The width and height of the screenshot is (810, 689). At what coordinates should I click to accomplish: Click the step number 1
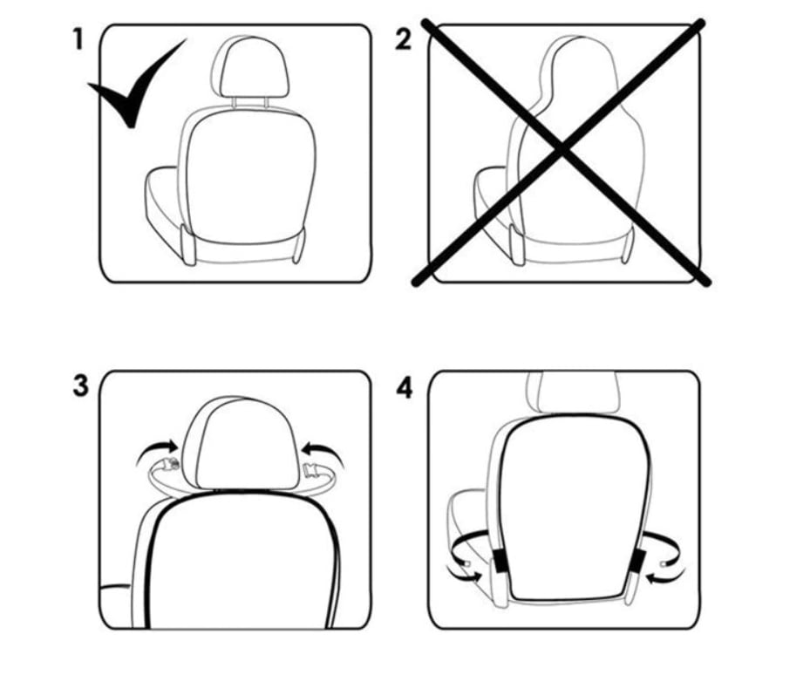point(78,39)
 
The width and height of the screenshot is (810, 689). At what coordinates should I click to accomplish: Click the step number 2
point(404,40)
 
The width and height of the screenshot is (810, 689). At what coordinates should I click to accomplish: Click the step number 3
point(80,386)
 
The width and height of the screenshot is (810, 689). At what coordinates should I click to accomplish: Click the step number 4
point(405,387)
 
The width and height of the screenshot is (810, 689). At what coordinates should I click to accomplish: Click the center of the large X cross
point(562,150)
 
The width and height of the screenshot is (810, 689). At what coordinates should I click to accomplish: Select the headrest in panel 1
point(249,66)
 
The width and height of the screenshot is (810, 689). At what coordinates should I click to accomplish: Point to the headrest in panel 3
point(242,442)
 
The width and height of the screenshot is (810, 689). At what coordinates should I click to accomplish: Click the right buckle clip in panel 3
point(312,471)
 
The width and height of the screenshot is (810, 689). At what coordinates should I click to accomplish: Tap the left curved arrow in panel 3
point(157,450)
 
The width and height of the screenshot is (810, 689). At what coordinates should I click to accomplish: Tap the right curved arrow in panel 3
point(323,452)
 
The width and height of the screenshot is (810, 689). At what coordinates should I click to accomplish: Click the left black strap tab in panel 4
point(500,562)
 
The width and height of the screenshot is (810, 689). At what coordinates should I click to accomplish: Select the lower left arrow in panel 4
point(465,574)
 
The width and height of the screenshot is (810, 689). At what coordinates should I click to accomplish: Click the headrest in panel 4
point(572,392)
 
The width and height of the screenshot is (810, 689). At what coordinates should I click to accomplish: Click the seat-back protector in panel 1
point(250,176)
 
